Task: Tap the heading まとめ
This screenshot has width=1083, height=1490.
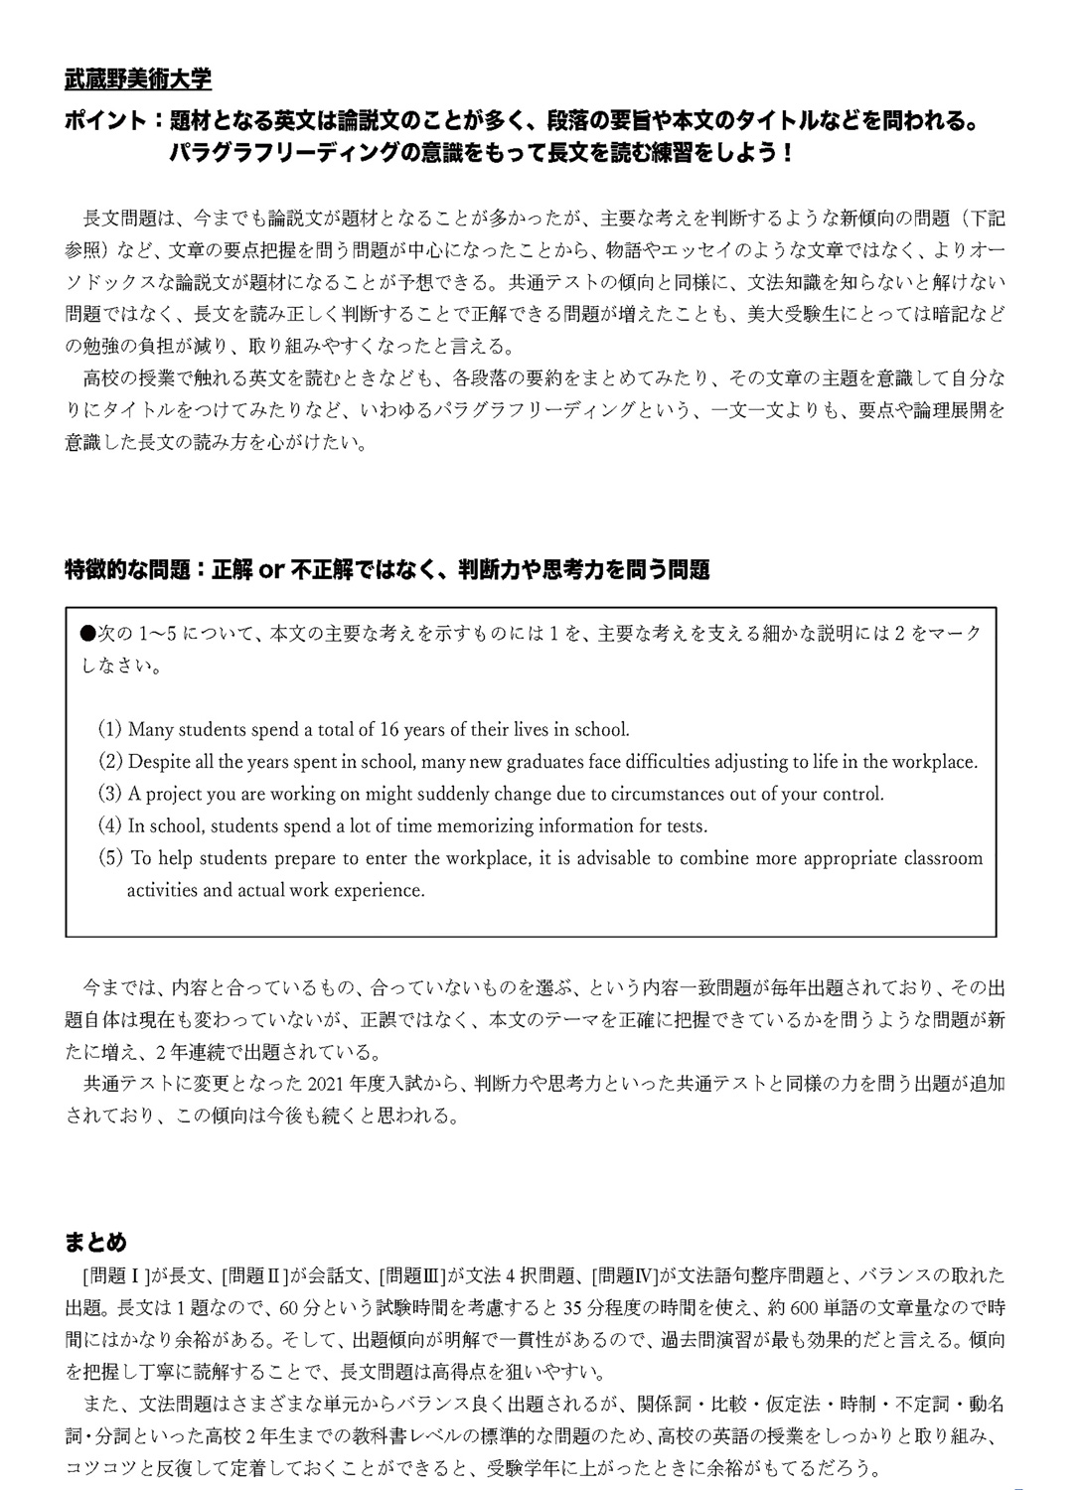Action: point(96,1243)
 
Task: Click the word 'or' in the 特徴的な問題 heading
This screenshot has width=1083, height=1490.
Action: point(271,570)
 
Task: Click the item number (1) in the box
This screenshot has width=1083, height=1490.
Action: point(109,729)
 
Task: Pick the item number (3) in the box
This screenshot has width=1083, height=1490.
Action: point(109,794)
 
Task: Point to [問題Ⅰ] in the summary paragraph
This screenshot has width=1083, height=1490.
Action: point(117,1275)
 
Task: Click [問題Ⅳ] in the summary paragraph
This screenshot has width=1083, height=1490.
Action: point(626,1275)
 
